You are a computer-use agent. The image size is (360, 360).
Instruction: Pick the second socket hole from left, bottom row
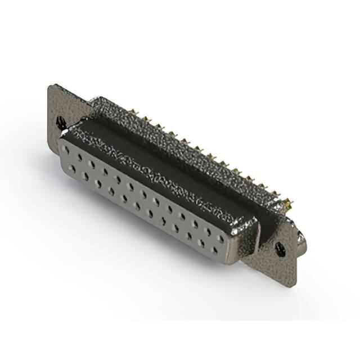[x=85, y=175]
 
